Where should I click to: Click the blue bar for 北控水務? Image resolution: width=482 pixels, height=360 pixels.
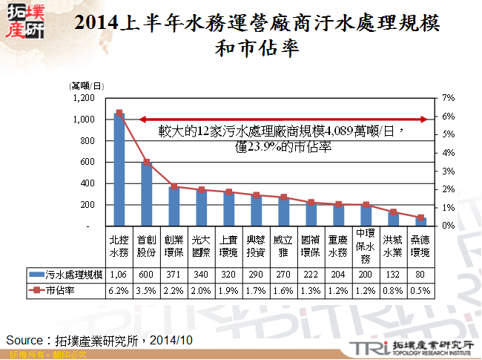point(119,171)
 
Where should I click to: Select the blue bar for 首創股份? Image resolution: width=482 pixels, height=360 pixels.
point(146,194)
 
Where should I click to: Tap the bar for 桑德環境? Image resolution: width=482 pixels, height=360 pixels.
point(420,221)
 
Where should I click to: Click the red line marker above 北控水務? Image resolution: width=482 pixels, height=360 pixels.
point(119,113)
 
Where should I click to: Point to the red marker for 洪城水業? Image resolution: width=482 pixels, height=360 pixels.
point(393,212)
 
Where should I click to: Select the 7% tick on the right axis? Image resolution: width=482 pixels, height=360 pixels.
point(447,98)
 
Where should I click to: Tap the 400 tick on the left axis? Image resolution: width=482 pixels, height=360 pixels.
point(88,183)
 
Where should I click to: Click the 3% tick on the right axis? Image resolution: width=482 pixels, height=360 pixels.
point(447,171)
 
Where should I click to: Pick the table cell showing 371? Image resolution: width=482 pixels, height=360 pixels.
point(174,275)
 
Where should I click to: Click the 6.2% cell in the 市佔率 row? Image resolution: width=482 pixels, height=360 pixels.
point(119,290)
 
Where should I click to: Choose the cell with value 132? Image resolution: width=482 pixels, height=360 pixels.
point(393,275)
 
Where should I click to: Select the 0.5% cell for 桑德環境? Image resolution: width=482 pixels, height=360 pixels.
point(420,290)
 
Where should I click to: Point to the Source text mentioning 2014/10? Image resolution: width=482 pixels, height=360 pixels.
point(99,339)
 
